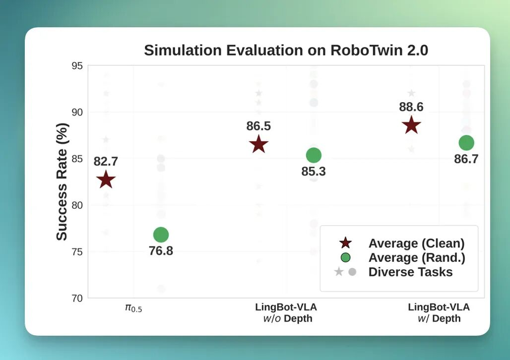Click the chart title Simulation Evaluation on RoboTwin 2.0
(x=286, y=51)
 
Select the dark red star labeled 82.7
(x=106, y=180)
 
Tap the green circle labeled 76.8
(x=161, y=235)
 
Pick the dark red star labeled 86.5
(x=258, y=145)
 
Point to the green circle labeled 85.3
(x=314, y=155)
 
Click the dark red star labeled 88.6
(x=411, y=125)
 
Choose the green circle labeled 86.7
(x=466, y=143)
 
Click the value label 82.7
(x=106, y=161)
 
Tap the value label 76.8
(x=161, y=251)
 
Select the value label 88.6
(x=411, y=107)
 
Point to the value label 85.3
(x=314, y=172)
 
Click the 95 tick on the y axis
(x=77, y=65)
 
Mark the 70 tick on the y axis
(x=77, y=298)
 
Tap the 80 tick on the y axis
(x=77, y=205)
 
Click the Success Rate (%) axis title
(x=62, y=181)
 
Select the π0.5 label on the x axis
(x=133, y=308)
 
